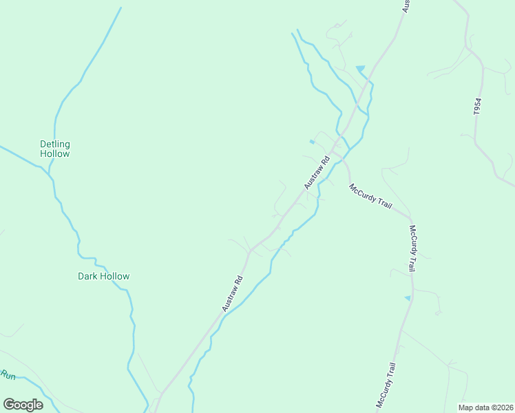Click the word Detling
[55, 144]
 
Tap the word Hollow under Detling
[55, 154]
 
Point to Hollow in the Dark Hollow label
[114, 277]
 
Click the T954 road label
[478, 106]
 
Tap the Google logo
[23, 405]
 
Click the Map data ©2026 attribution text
[485, 407]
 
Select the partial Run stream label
[8, 375]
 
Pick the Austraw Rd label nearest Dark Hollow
[234, 293]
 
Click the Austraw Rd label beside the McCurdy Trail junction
[317, 173]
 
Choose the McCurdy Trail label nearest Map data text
[386, 384]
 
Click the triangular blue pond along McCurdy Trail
[408, 298]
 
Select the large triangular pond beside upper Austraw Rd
[360, 68]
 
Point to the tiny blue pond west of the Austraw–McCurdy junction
[312, 142]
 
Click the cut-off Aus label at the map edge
[406, 6]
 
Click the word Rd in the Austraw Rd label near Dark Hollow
[239, 282]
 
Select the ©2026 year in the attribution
[501, 407]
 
